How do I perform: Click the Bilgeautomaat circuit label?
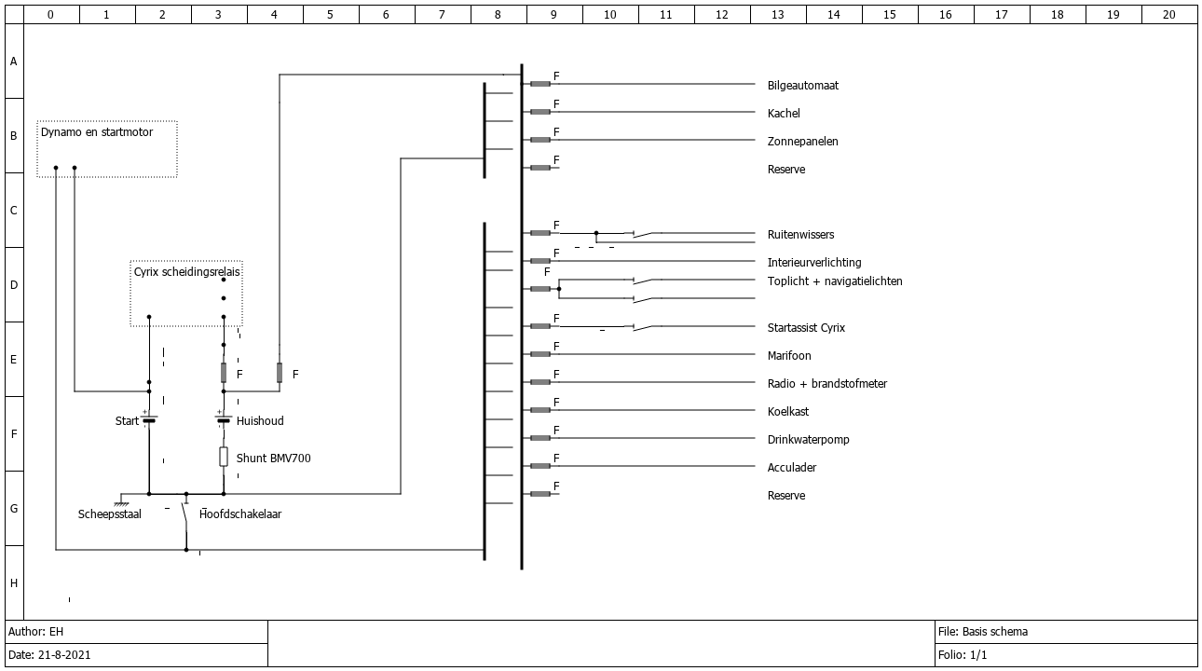pos(803,86)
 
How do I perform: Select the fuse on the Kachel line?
pos(540,112)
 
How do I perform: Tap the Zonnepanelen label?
pos(803,141)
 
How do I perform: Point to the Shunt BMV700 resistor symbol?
pos(224,457)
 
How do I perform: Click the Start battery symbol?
pos(149,418)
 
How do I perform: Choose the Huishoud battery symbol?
pos(224,418)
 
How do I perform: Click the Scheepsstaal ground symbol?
pos(121,503)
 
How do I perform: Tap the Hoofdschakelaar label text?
pos(240,514)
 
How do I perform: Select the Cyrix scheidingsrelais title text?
pos(186,271)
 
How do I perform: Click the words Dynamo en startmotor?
pos(97,132)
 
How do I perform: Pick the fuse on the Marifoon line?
pos(540,354)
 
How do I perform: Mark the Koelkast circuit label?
pos(788,412)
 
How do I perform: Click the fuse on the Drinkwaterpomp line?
pos(540,438)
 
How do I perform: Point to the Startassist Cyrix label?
pos(806,327)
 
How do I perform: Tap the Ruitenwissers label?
pos(800,235)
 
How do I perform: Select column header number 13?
pos(777,15)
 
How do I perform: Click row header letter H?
pos(14,583)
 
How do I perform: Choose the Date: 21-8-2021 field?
pos(49,655)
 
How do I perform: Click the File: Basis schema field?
pos(983,632)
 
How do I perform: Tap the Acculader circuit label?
pos(792,468)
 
